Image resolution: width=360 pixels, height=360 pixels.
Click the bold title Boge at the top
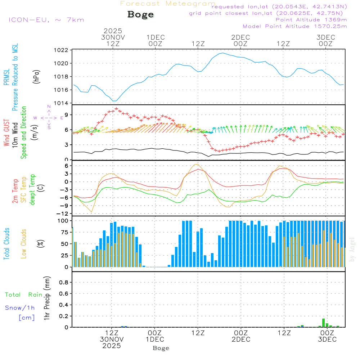coord(140,15)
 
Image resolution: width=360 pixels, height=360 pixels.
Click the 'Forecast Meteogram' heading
coord(168,4)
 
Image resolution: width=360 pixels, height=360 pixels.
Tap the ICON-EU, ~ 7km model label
coord(46,20)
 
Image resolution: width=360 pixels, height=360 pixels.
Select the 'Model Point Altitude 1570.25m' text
coord(295,26)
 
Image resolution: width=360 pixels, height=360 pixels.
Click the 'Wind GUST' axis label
coord(6,133)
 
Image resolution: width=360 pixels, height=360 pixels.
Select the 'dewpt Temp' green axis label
coord(32,190)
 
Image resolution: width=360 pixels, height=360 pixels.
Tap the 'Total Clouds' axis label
coord(6,244)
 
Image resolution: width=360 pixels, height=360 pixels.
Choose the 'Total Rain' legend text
coord(23,295)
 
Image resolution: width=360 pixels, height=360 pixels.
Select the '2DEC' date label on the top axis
coord(240,37)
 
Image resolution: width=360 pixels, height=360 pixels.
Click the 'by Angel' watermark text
coord(352,249)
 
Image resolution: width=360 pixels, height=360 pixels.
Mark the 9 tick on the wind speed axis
coord(67,115)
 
